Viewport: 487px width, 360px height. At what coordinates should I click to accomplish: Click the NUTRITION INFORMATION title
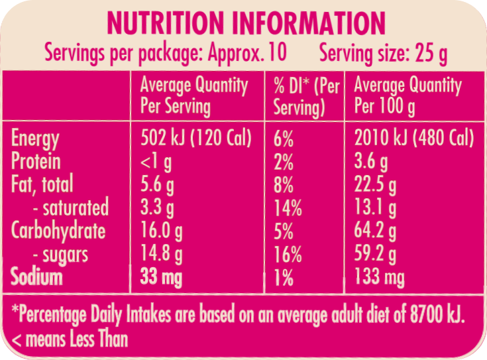click(245, 23)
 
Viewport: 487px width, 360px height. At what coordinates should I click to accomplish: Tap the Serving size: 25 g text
click(382, 53)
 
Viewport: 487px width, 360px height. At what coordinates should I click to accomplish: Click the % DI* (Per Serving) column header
click(305, 96)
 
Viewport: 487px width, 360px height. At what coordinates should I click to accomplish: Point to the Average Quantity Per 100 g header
click(407, 96)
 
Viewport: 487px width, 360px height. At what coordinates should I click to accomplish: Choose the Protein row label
click(36, 162)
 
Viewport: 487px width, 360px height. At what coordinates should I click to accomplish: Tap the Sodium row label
click(37, 277)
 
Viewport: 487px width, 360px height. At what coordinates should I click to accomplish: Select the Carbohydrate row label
click(58, 231)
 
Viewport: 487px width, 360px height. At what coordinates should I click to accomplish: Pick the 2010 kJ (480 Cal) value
click(414, 139)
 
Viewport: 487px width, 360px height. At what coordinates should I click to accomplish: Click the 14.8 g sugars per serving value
click(162, 254)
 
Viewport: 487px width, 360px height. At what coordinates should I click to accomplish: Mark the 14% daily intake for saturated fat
click(288, 208)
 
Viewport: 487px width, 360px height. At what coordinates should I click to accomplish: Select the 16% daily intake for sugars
click(288, 254)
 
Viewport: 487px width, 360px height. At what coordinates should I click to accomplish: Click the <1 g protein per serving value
click(157, 162)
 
